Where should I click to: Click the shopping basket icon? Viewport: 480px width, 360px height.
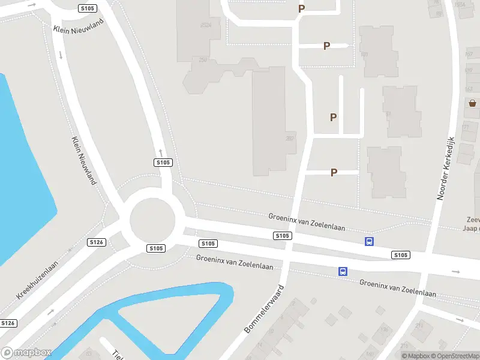(472, 103)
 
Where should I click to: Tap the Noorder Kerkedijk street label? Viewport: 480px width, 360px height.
(447, 168)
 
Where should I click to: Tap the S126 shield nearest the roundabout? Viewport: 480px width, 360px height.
(97, 242)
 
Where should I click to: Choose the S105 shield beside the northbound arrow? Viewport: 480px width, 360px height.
(163, 163)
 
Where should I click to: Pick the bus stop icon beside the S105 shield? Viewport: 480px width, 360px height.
(369, 241)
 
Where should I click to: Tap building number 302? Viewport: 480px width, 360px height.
(290, 139)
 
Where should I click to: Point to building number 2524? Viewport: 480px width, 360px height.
(206, 26)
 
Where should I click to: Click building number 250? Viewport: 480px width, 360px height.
(203, 60)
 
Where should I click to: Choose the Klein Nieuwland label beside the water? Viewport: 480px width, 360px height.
(83, 161)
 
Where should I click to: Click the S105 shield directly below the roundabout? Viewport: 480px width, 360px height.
(156, 248)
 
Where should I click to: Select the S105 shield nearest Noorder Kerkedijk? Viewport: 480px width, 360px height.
(401, 255)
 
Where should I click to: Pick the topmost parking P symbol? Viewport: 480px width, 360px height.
(302, 9)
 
